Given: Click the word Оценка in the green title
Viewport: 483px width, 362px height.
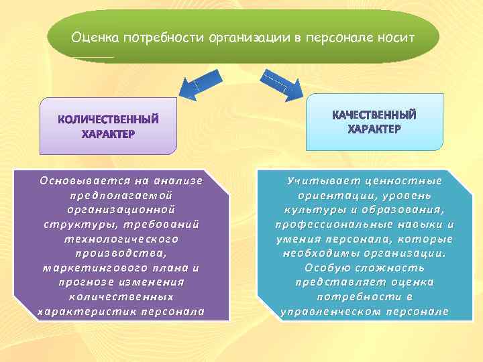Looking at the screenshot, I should pyautogui.click(x=93, y=38).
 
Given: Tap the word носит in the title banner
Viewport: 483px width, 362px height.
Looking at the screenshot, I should pyautogui.click(x=400, y=38).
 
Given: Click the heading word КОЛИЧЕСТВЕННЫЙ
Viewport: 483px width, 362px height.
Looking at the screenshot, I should pyautogui.click(x=108, y=121).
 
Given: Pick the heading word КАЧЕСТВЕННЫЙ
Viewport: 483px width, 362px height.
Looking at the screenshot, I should pyautogui.click(x=374, y=114).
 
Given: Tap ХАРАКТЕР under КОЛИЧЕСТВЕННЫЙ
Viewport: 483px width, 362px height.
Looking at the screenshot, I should pyautogui.click(x=108, y=135).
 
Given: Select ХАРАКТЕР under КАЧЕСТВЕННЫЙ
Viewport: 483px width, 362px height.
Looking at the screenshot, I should pyautogui.click(x=374, y=128).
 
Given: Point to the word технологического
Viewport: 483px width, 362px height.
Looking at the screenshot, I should pyautogui.click(x=121, y=239).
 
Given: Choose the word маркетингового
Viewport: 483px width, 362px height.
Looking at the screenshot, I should pyautogui.click(x=87, y=267).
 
